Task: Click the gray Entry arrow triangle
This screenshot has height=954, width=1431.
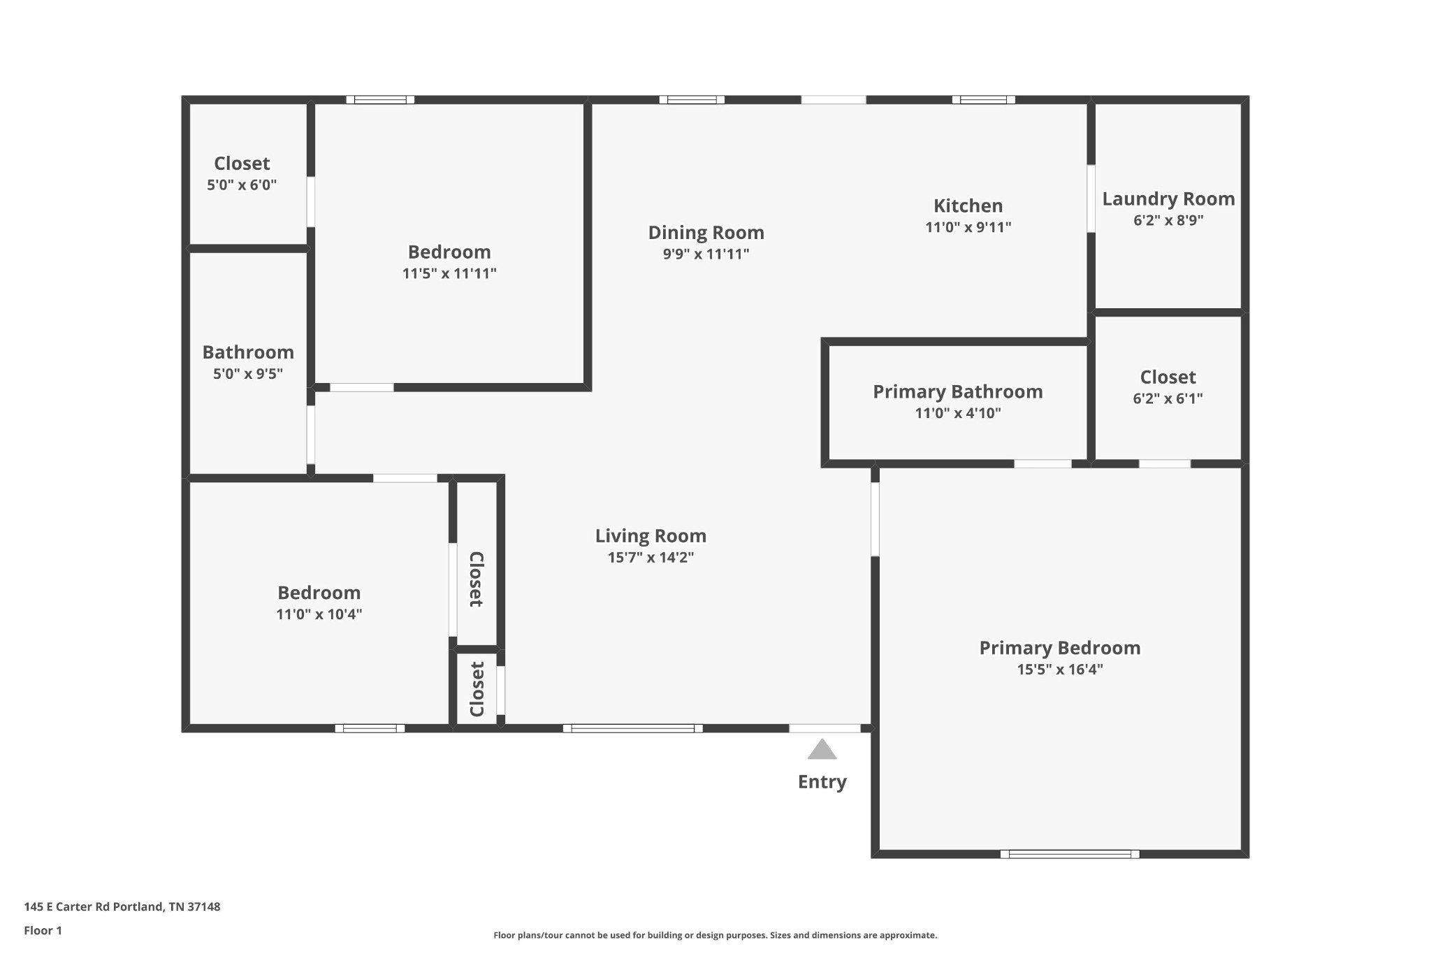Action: click(822, 750)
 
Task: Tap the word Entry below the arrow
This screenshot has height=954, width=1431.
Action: click(822, 782)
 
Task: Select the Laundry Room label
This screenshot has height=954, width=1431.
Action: click(1168, 199)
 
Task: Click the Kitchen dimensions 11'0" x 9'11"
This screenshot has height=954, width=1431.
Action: click(968, 227)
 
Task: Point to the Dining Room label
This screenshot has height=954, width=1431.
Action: click(706, 233)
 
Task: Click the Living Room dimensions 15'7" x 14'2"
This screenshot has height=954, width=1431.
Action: click(651, 558)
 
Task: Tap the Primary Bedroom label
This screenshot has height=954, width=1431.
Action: click(1060, 648)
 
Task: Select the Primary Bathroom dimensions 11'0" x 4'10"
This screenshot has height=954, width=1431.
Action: click(958, 413)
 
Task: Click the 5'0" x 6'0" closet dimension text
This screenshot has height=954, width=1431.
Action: click(242, 185)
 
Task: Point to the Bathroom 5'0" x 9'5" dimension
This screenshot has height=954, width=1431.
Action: click(248, 374)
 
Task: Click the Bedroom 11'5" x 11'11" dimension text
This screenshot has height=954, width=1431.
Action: click(449, 273)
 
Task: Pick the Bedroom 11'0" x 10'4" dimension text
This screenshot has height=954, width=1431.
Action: click(319, 614)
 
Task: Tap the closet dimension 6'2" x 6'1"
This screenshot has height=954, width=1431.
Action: click(1168, 398)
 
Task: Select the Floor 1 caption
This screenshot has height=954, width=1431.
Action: click(43, 931)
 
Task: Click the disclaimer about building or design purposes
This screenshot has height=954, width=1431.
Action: click(715, 935)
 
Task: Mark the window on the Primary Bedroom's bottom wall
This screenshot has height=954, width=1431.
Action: click(1070, 854)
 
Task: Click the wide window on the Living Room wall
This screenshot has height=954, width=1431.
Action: click(633, 728)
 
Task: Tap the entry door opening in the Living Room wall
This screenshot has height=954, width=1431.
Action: click(825, 728)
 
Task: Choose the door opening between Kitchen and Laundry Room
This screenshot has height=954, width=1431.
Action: click(1091, 198)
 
